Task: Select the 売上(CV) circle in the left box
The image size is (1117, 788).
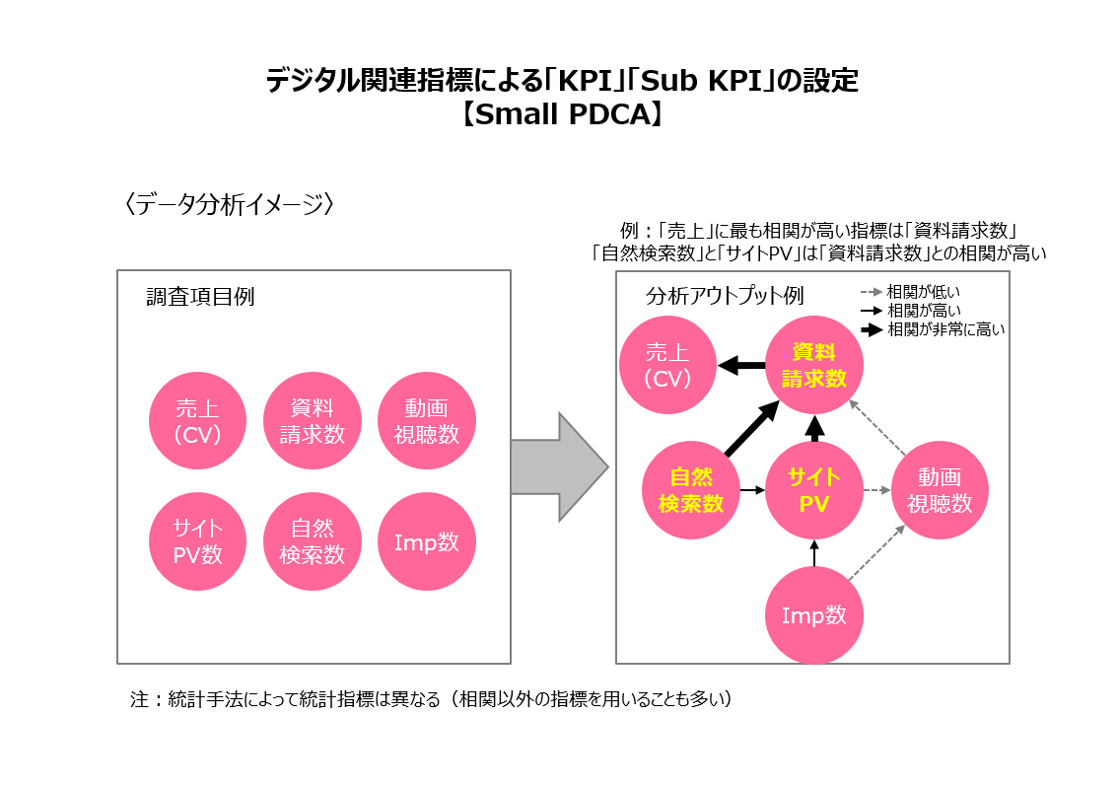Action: coord(197,421)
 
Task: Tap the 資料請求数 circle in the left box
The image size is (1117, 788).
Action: coord(313,421)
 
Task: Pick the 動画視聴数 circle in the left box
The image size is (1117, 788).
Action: coord(427,421)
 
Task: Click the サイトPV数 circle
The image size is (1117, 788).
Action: coord(197,540)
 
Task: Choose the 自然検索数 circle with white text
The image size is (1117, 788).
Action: coord(313,540)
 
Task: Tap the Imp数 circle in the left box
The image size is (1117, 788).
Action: coord(427,540)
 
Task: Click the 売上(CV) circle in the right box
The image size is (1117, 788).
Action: coord(667,365)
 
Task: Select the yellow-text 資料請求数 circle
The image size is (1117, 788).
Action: coord(814,365)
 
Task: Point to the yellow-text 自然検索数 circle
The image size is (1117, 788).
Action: coord(690,490)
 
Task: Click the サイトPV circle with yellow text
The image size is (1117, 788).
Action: coord(814,490)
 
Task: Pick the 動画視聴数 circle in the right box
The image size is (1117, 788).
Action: coord(940,490)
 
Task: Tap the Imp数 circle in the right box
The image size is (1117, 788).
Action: coord(814,615)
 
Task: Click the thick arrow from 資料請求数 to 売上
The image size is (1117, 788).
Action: coord(741,366)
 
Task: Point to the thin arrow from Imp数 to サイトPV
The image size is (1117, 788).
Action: coord(814,553)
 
